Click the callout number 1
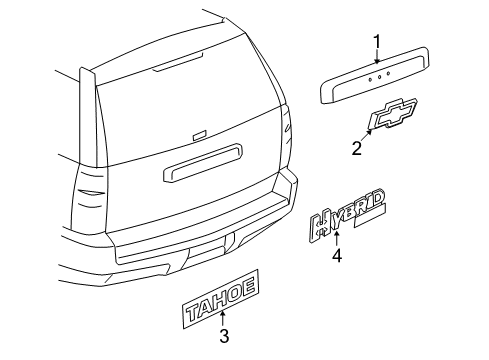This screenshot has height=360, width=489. coord(377,41)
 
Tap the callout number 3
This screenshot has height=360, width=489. coord(225,335)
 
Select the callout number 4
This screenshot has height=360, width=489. coord(337,255)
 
